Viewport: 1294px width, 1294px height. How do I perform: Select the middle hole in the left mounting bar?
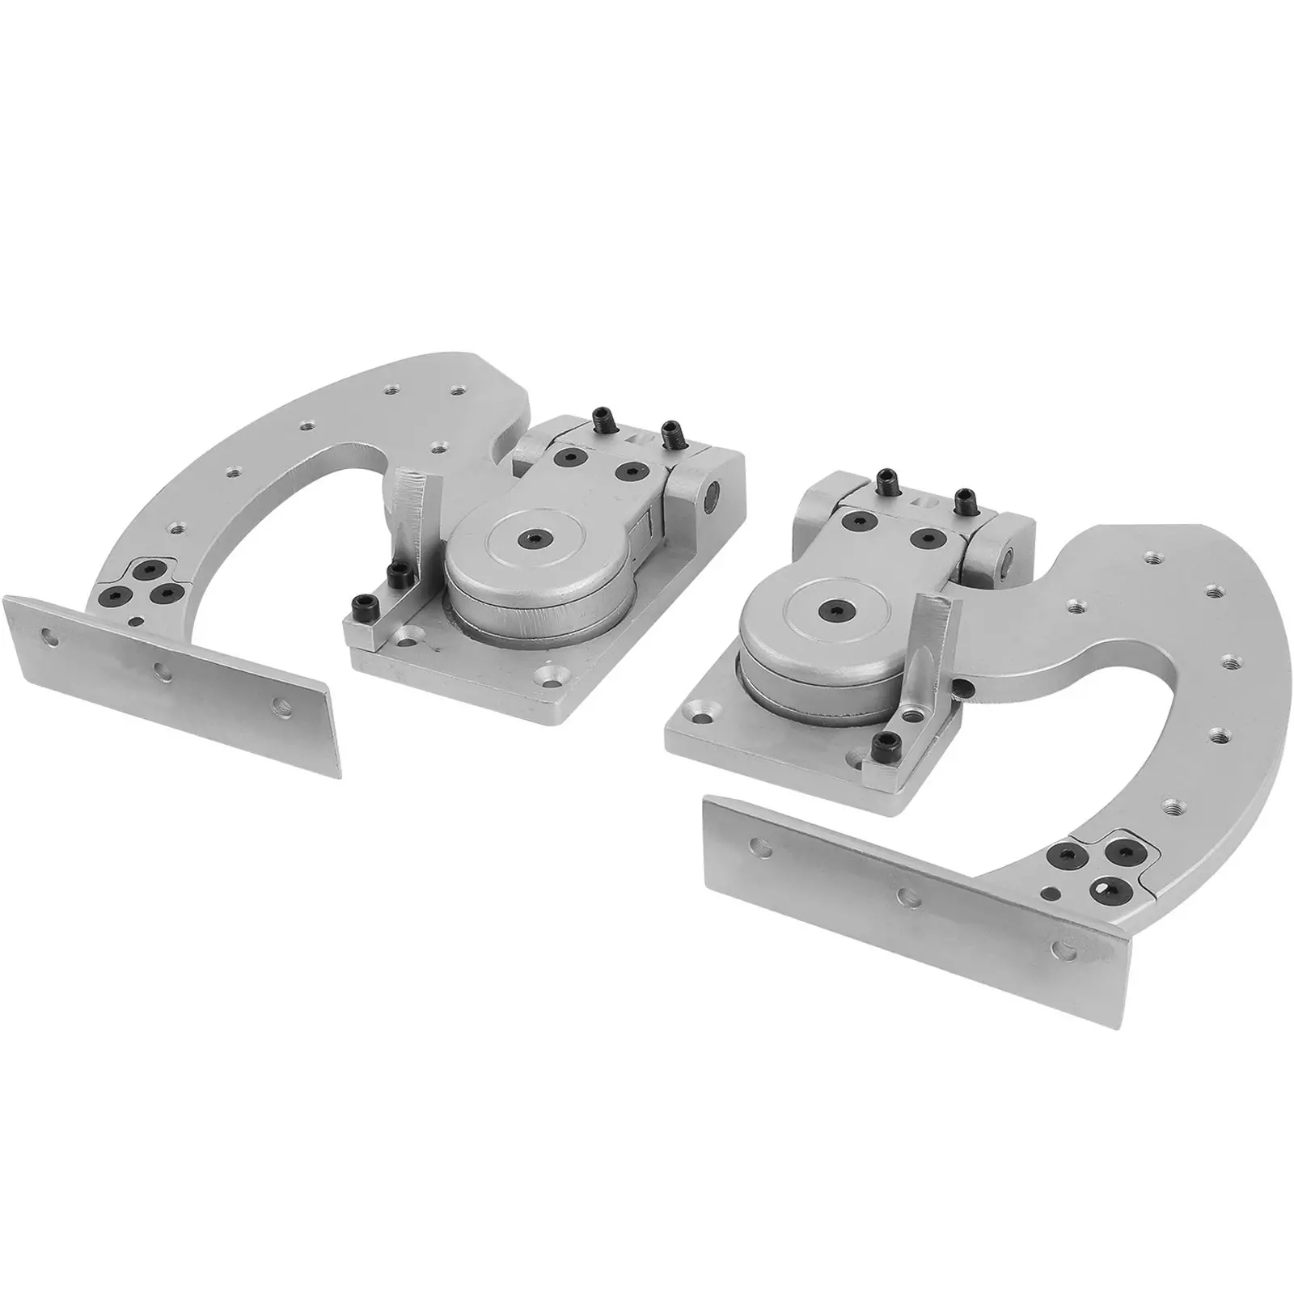[163, 670]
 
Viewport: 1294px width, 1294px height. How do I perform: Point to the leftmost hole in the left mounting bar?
[51, 636]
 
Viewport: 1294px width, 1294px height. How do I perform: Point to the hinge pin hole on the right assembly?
[1009, 558]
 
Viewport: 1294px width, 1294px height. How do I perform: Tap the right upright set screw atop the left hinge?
[669, 434]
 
